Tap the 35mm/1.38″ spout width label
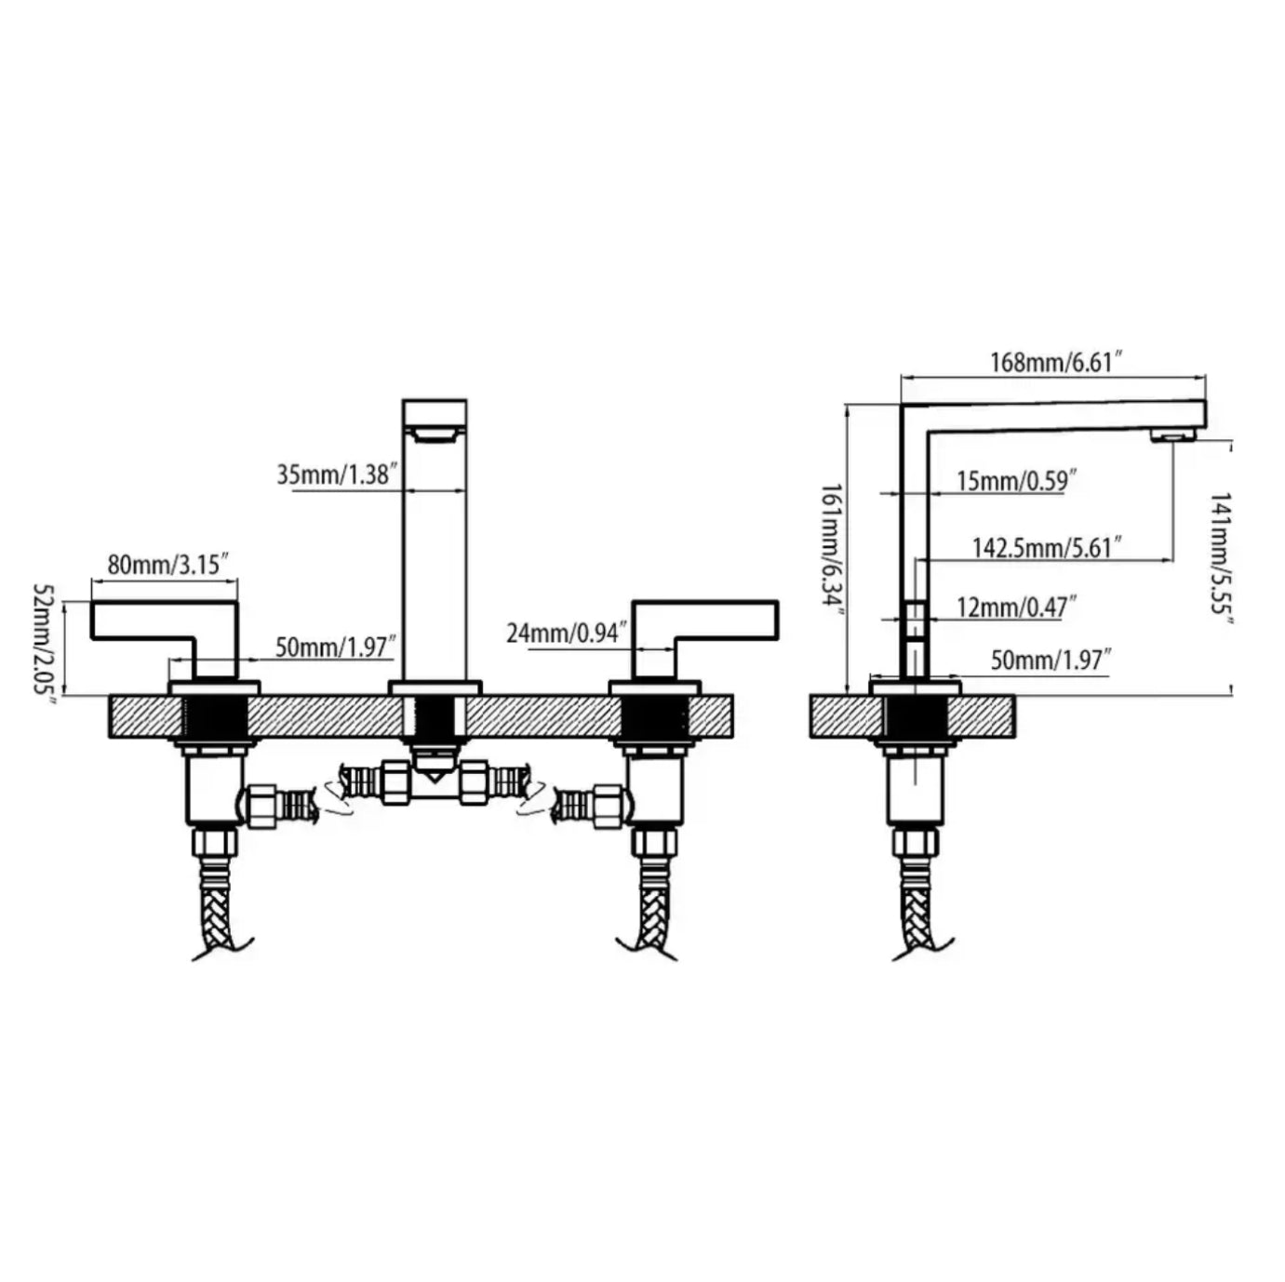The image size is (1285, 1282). click(338, 474)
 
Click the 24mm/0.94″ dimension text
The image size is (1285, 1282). click(568, 632)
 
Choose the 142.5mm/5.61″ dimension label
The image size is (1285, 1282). click(1046, 548)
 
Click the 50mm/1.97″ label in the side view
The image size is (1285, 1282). click(1051, 661)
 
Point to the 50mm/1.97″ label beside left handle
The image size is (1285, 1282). click(336, 647)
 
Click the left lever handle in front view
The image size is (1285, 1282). click(164, 639)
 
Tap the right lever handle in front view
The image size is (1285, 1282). click(705, 639)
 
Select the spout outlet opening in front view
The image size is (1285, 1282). click(435, 436)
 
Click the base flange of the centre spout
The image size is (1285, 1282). click(435, 688)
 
